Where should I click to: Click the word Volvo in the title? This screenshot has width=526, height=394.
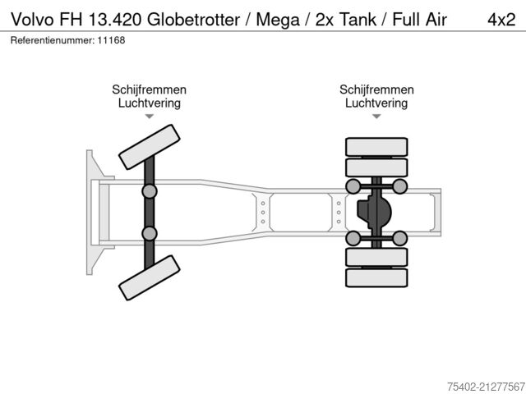pos(32,20)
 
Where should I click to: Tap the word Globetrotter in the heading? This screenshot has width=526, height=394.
pos(194,20)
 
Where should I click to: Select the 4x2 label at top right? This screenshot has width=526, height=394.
pos(501,20)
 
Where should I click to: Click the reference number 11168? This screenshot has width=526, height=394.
pos(112,40)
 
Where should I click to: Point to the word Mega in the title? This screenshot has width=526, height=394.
pos(278,20)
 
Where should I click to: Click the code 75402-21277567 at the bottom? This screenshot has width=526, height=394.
pos(486,387)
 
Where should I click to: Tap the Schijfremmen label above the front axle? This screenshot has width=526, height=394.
pos(150,89)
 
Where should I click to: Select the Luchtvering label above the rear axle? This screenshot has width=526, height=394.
pos(376,103)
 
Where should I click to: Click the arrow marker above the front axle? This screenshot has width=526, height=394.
pos(150,117)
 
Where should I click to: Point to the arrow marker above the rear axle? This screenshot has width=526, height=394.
pos(376,117)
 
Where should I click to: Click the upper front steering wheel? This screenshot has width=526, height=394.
pos(150,147)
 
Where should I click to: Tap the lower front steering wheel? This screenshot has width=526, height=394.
pos(150,277)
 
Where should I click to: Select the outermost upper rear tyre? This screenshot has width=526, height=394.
pos(376,147)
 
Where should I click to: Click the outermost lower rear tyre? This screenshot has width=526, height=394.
pos(376,277)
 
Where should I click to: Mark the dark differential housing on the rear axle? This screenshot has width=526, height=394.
pos(374,212)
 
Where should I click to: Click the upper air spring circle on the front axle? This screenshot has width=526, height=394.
pos(150,191)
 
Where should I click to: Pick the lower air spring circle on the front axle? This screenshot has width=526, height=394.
pos(150,233)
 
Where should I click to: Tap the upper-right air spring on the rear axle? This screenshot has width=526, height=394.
pos(399,186)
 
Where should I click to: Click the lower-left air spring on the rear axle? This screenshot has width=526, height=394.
pos(353,238)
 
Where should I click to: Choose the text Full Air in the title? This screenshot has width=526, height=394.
pos(419,20)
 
